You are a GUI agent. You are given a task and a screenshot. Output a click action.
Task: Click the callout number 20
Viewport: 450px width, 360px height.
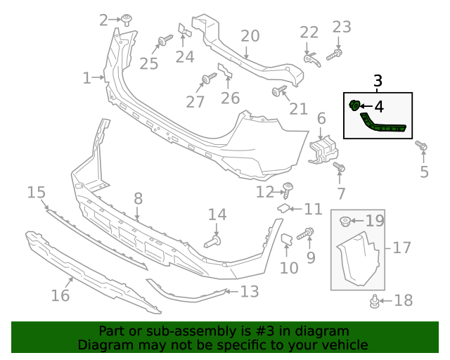(x=250, y=36)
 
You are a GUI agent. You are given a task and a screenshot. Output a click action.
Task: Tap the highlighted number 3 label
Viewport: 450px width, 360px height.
(x=378, y=81)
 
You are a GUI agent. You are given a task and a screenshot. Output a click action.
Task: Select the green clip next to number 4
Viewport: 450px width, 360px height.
(x=354, y=105)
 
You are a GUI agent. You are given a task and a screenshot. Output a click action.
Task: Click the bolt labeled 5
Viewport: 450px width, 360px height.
(x=421, y=146)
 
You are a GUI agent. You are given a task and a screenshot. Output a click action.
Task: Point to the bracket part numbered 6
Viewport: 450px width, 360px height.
(x=323, y=150)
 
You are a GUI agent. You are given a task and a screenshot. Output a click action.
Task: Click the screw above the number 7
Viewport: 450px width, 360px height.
(x=339, y=168)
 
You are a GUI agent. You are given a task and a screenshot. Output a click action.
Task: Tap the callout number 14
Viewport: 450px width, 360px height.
(x=217, y=214)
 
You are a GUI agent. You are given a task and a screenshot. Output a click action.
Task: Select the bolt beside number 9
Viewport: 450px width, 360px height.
(x=307, y=233)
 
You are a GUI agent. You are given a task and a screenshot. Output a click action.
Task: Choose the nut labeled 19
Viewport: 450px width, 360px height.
(x=346, y=222)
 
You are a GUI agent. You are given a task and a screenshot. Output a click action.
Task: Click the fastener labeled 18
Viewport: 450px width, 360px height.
(x=374, y=302)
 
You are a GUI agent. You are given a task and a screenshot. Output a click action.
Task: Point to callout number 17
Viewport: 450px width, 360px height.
(x=401, y=247)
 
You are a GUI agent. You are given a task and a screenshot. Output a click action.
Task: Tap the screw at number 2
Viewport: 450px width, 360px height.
(x=127, y=20)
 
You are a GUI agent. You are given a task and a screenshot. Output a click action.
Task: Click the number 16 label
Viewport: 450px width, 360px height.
(x=60, y=295)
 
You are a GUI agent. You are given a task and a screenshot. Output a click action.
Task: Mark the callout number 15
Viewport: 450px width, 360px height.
(x=37, y=192)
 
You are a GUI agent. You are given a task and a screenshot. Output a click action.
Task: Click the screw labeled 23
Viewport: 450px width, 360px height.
(x=337, y=53)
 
